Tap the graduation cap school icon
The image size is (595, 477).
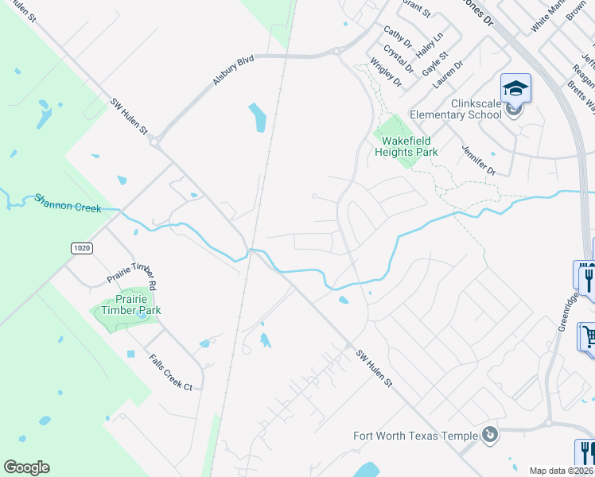coord(515,88)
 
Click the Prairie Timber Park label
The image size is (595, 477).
coord(127,304)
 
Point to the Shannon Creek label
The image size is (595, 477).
coord(67,203)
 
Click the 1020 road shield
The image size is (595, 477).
coord(82,248)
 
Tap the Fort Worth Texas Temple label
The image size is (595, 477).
coord(415,435)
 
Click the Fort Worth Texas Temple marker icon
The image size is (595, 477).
coord(491,435)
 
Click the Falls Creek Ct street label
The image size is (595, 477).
coord(171,372)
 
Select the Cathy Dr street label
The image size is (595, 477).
coord(397,37)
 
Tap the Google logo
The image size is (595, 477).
coord(26,467)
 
